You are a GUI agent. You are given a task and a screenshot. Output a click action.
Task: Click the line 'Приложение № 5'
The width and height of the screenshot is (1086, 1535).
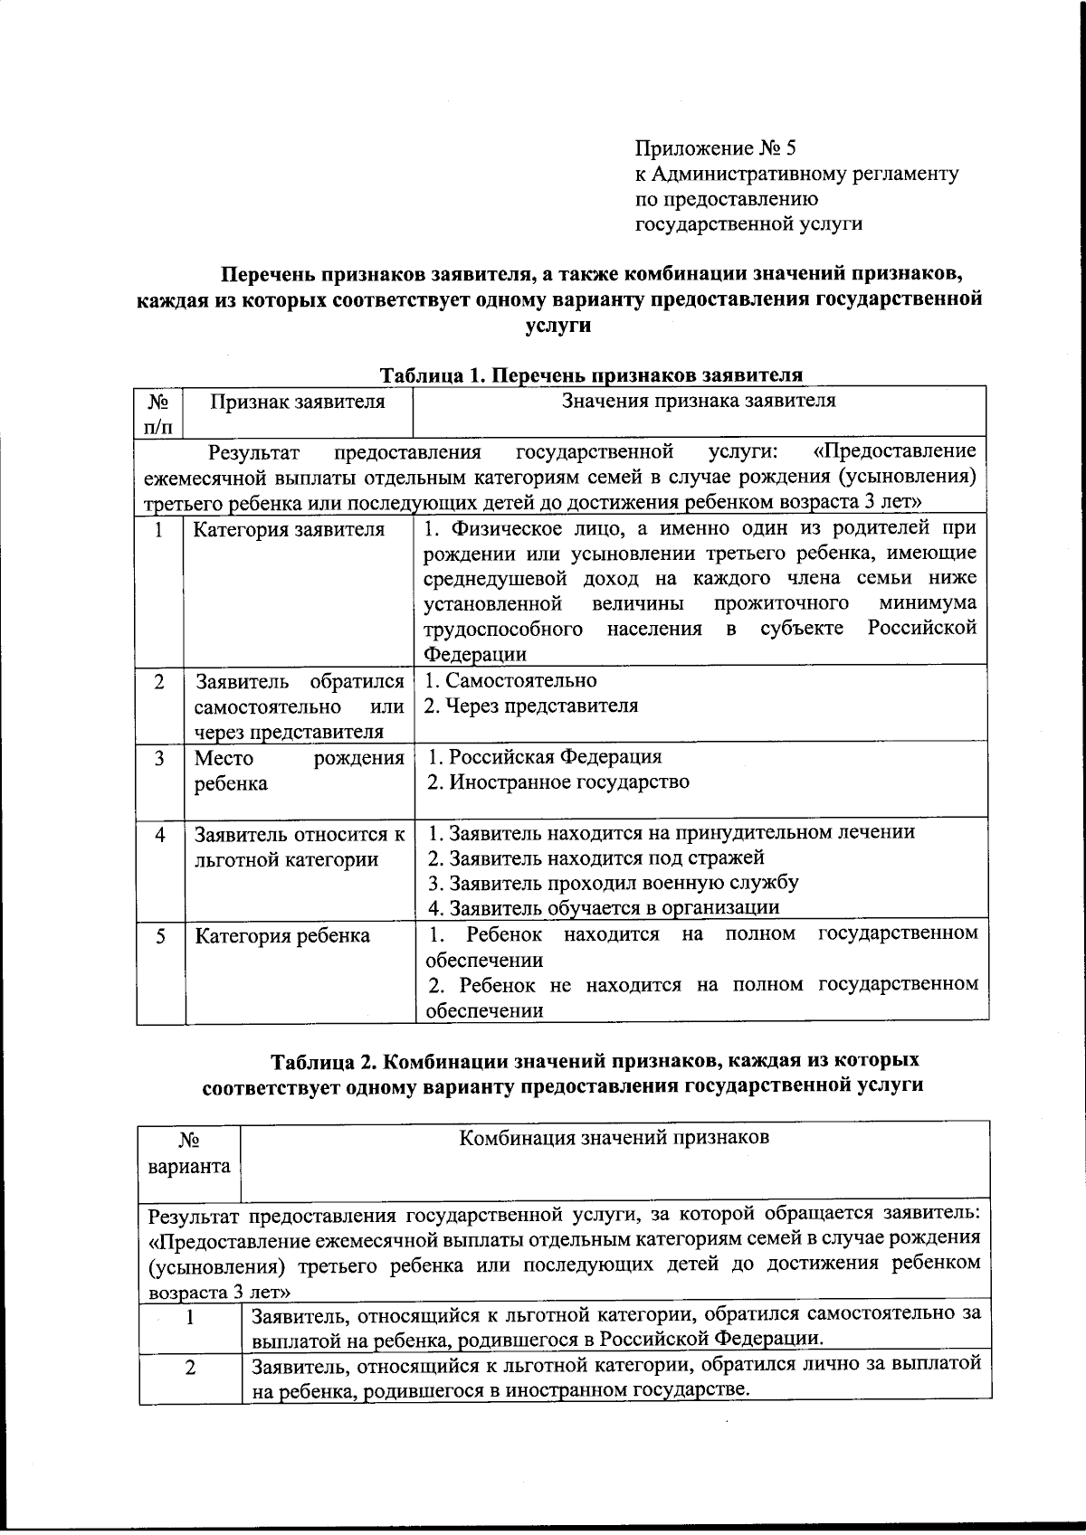pyautogui.click(x=714, y=147)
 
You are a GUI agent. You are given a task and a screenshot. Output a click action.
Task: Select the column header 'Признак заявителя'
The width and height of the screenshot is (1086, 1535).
pyautogui.click(x=297, y=402)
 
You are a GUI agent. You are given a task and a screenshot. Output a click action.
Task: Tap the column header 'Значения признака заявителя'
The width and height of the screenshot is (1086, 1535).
pyautogui.click(x=698, y=401)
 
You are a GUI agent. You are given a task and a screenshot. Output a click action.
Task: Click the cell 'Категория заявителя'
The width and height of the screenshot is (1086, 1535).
pyautogui.click(x=289, y=529)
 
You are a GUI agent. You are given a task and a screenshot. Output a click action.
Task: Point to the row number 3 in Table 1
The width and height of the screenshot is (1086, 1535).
pyautogui.click(x=159, y=759)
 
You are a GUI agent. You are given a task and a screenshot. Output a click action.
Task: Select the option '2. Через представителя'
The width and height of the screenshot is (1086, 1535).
pyautogui.click(x=532, y=706)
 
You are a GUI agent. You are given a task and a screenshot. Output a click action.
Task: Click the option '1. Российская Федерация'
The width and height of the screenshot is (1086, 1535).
pyautogui.click(x=544, y=757)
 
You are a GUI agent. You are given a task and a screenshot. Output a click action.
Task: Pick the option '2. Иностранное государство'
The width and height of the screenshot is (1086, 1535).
pyautogui.click(x=557, y=782)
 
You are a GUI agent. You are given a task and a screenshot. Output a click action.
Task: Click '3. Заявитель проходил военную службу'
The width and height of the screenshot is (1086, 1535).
pyautogui.click(x=613, y=883)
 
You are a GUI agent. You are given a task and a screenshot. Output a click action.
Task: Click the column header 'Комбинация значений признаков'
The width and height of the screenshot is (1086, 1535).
pyautogui.click(x=614, y=1138)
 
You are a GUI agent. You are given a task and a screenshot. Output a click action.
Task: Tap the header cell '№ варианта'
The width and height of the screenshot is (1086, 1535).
pyautogui.click(x=189, y=1153)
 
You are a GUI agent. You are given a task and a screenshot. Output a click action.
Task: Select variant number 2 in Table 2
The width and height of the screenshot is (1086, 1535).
pyautogui.click(x=190, y=1369)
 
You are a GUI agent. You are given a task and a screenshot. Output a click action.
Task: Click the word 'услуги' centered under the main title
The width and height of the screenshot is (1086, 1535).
pyautogui.click(x=557, y=325)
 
